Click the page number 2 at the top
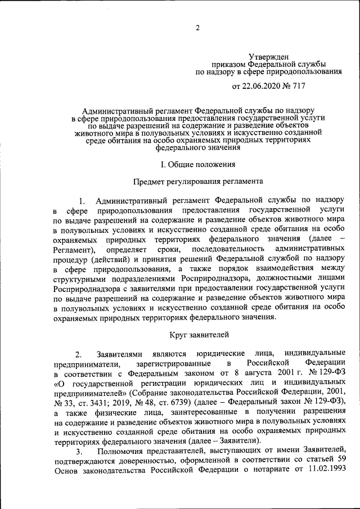(197, 29)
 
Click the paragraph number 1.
(82, 201)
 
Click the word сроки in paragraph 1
(168, 249)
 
